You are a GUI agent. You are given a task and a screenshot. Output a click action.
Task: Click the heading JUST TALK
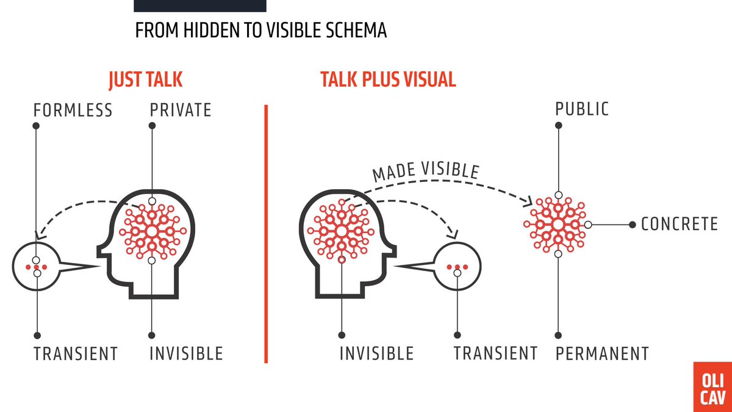145,80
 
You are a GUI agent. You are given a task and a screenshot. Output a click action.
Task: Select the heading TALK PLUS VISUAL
388,80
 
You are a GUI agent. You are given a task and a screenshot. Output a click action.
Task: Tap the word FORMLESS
73,110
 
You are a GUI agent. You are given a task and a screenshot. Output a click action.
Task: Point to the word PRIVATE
181,110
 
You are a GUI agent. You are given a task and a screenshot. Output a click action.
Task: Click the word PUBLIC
582,109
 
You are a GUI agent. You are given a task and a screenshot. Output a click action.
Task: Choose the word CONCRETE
679,224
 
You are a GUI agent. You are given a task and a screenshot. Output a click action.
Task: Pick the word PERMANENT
601,353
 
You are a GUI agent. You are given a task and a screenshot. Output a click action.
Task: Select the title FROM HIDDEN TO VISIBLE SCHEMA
260,31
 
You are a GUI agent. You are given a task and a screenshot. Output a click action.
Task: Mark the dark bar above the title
200,5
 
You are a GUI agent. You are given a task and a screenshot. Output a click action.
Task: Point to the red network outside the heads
558,224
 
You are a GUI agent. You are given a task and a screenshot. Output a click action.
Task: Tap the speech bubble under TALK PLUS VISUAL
457,266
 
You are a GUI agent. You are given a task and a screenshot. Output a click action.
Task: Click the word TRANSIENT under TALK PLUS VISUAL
495,353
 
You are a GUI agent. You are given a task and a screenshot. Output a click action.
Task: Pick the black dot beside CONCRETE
633,225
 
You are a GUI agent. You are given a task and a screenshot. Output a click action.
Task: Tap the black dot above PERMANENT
558,335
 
